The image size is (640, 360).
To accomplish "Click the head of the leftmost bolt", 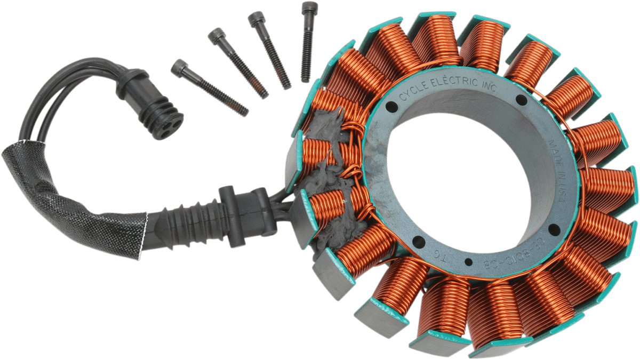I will click(179, 67).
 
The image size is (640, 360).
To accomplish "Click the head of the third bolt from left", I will click(255, 20).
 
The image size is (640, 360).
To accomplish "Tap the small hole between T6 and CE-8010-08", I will click(468, 261).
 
